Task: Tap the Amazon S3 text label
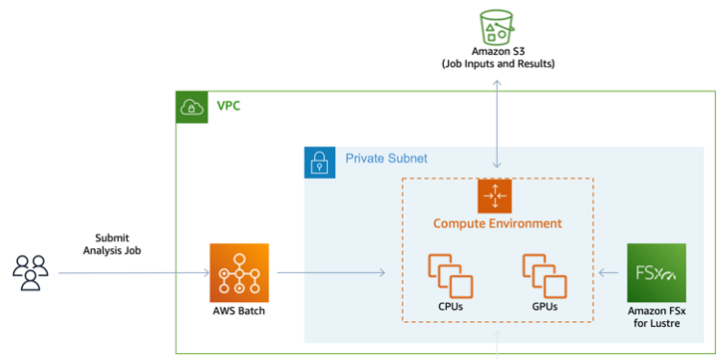tap(498, 51)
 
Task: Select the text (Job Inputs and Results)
tap(498, 64)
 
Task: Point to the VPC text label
tap(228, 107)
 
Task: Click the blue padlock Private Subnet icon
tap(319, 162)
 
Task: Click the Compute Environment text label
tap(497, 223)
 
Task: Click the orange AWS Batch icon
tap(239, 271)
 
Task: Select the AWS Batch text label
tap(239, 312)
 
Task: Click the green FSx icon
tap(656, 271)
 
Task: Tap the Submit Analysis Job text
tap(112, 244)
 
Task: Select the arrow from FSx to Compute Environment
tap(610, 271)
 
